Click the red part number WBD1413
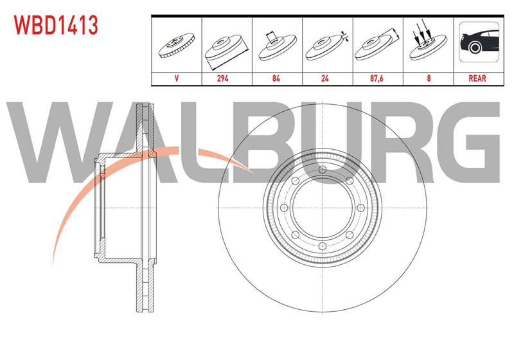56,25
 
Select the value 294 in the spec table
222,78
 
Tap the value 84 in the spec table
276,78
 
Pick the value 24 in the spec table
325,78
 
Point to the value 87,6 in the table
377,78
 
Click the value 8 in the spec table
429,78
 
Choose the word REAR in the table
477,78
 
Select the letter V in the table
177,78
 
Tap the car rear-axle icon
479,42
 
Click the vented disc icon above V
177,46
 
